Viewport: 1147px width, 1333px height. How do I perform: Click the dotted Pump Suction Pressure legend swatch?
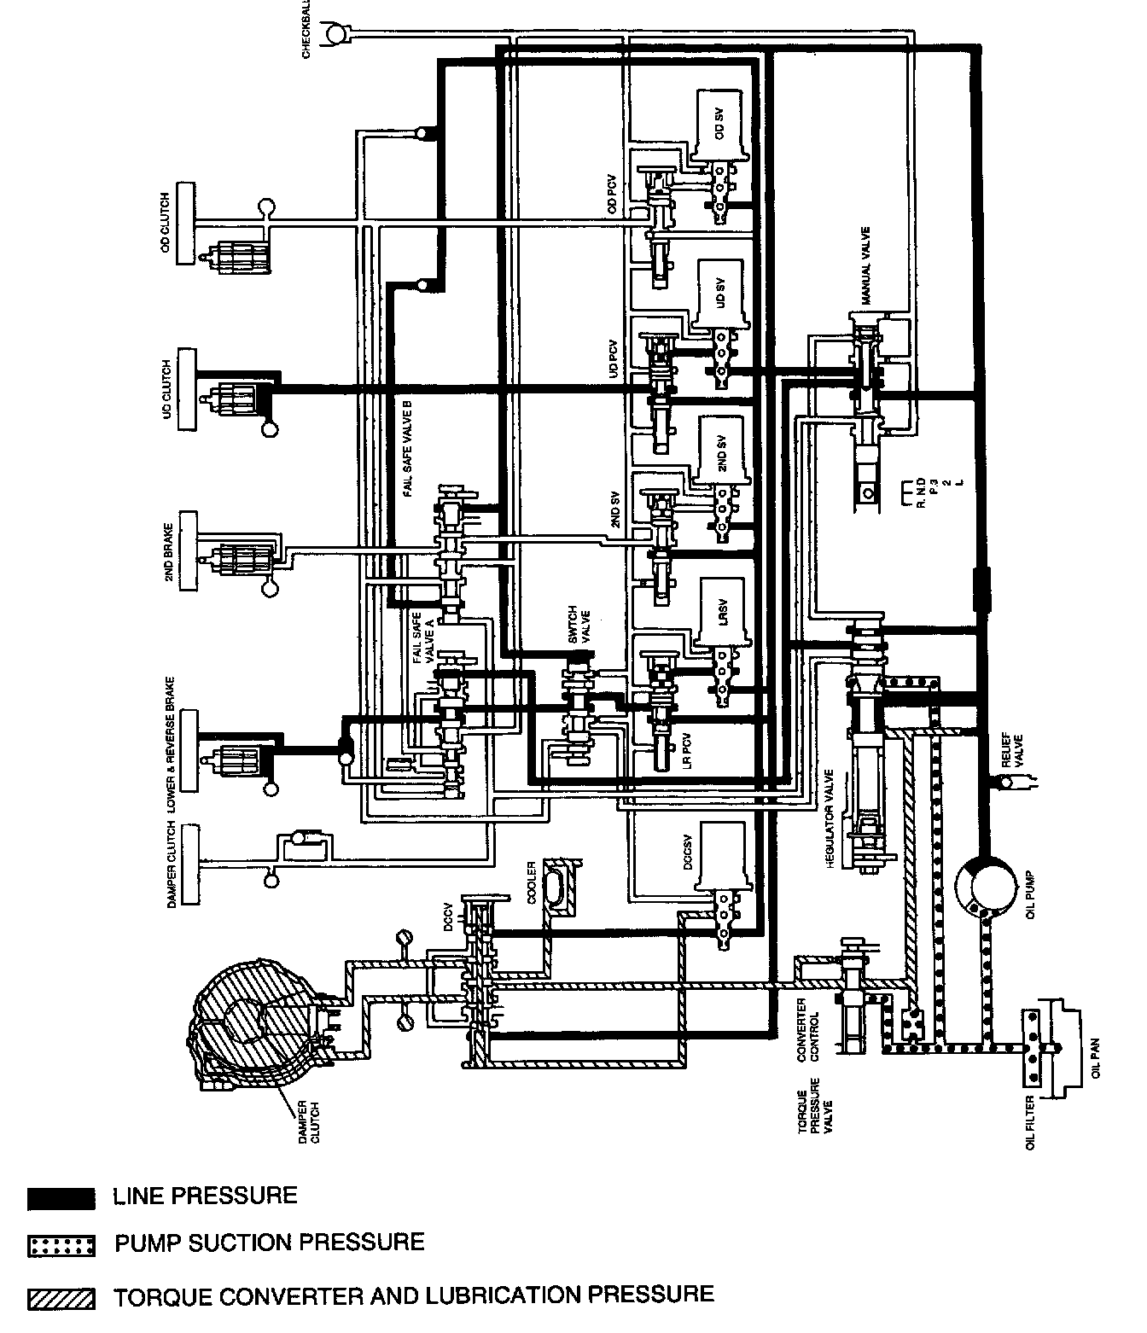(x=61, y=1245)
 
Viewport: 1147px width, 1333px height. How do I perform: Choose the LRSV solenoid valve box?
(x=722, y=612)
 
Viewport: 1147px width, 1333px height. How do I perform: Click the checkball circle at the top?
(x=334, y=35)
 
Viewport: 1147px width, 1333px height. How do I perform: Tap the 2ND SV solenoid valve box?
(x=722, y=452)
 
